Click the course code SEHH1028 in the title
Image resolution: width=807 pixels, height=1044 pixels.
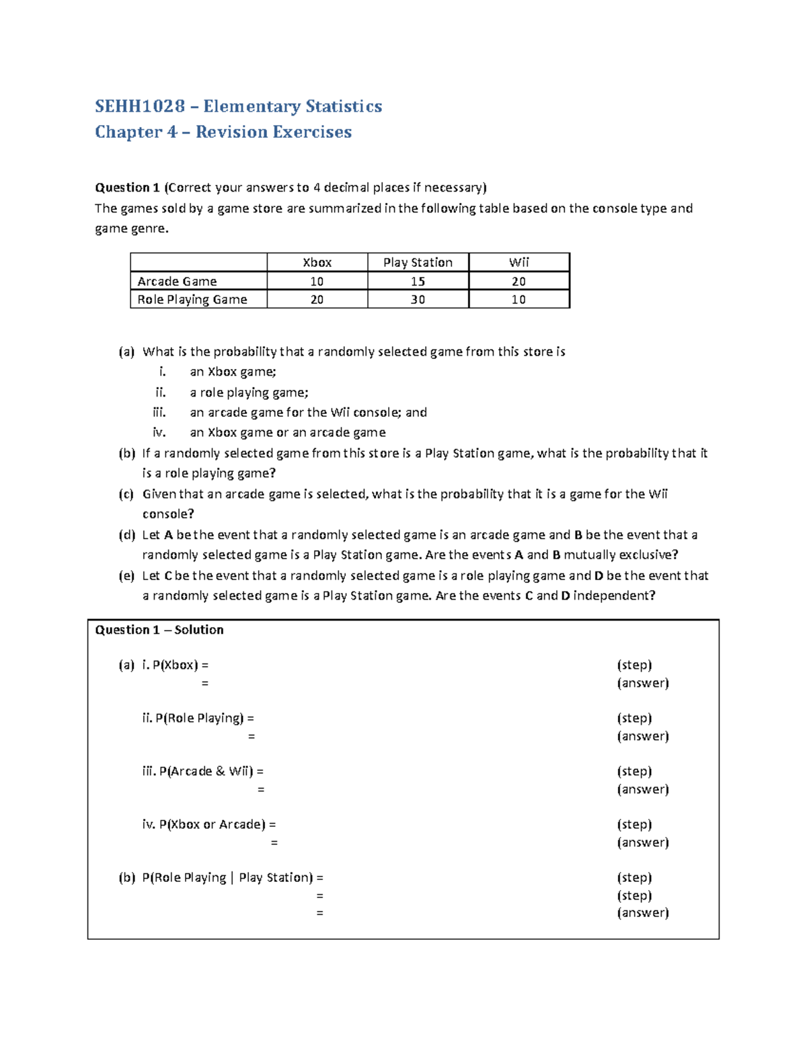pos(139,106)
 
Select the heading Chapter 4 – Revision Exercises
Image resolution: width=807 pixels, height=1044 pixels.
pos(223,132)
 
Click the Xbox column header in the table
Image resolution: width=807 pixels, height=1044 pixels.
pos(317,262)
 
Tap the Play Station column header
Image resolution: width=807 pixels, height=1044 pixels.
pos(418,262)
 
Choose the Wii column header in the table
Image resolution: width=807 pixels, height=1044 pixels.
pos(518,262)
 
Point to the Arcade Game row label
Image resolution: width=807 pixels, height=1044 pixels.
pos(177,281)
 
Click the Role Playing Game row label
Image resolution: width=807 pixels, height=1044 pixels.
pos(192,299)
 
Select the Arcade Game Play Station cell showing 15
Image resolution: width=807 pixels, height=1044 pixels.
pos(418,281)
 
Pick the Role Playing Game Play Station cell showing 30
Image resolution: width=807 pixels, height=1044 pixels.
pos(418,299)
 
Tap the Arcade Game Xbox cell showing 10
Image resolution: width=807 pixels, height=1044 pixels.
pos(317,281)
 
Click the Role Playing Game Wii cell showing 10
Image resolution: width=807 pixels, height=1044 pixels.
pos(518,299)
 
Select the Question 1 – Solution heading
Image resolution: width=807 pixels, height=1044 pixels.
pos(159,630)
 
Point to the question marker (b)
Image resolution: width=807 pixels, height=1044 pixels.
pos(126,453)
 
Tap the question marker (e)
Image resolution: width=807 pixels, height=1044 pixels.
pos(126,575)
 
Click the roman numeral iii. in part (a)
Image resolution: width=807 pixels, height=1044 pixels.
pos(159,412)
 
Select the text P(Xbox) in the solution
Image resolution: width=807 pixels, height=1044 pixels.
pos(175,665)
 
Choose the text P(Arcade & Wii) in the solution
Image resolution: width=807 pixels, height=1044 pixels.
pos(206,771)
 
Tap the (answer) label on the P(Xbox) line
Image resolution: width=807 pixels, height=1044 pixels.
pos(642,683)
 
